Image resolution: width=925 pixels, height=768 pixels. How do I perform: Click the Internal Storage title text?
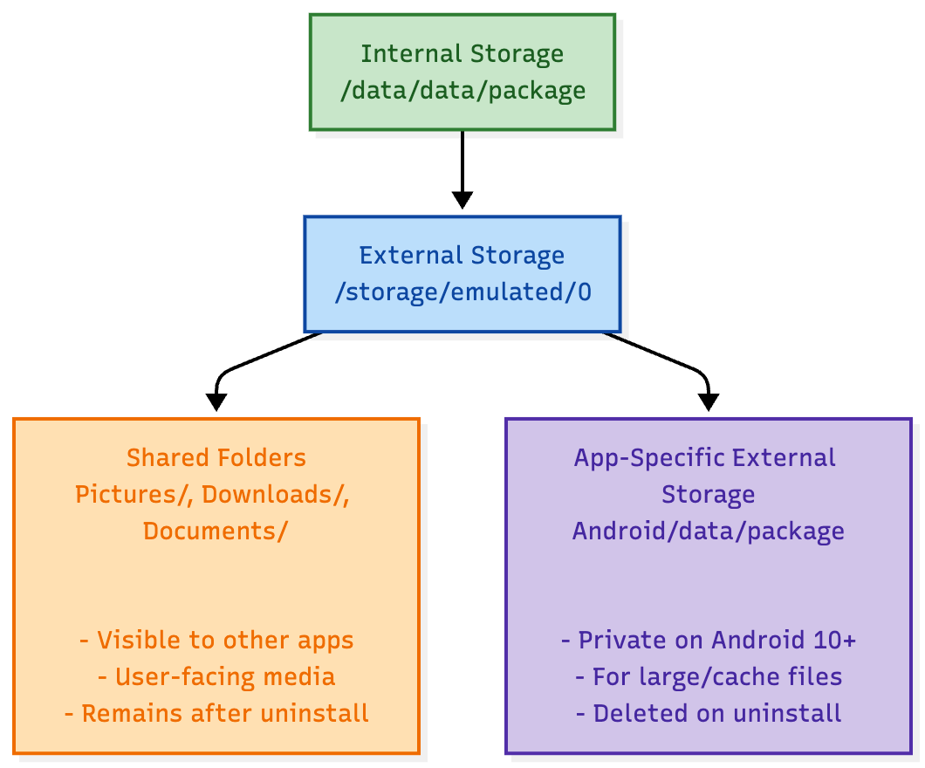point(462,54)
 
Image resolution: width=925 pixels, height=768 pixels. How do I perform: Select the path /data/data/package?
point(462,91)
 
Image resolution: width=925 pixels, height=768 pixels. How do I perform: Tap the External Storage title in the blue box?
point(462,256)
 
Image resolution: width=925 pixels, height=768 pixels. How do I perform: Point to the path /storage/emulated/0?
point(462,292)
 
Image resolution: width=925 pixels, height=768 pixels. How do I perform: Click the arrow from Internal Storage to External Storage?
point(462,166)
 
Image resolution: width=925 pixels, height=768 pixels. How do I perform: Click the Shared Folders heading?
point(216,458)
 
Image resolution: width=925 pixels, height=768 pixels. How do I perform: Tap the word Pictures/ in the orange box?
point(134,495)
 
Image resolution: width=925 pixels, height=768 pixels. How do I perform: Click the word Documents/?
point(216,531)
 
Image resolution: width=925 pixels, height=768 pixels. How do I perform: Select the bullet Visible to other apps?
point(216,641)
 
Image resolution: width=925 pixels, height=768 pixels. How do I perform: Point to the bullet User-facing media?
point(216,677)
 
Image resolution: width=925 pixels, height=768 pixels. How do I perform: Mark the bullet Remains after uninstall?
point(216,714)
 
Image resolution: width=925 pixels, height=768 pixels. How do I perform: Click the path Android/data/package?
point(708,531)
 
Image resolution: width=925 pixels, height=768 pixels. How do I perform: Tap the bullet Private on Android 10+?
point(708,641)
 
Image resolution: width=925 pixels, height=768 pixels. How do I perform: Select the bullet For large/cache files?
point(708,677)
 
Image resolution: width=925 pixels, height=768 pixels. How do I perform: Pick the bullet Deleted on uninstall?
point(708,714)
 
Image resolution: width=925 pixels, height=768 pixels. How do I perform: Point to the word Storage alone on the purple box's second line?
point(708,495)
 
